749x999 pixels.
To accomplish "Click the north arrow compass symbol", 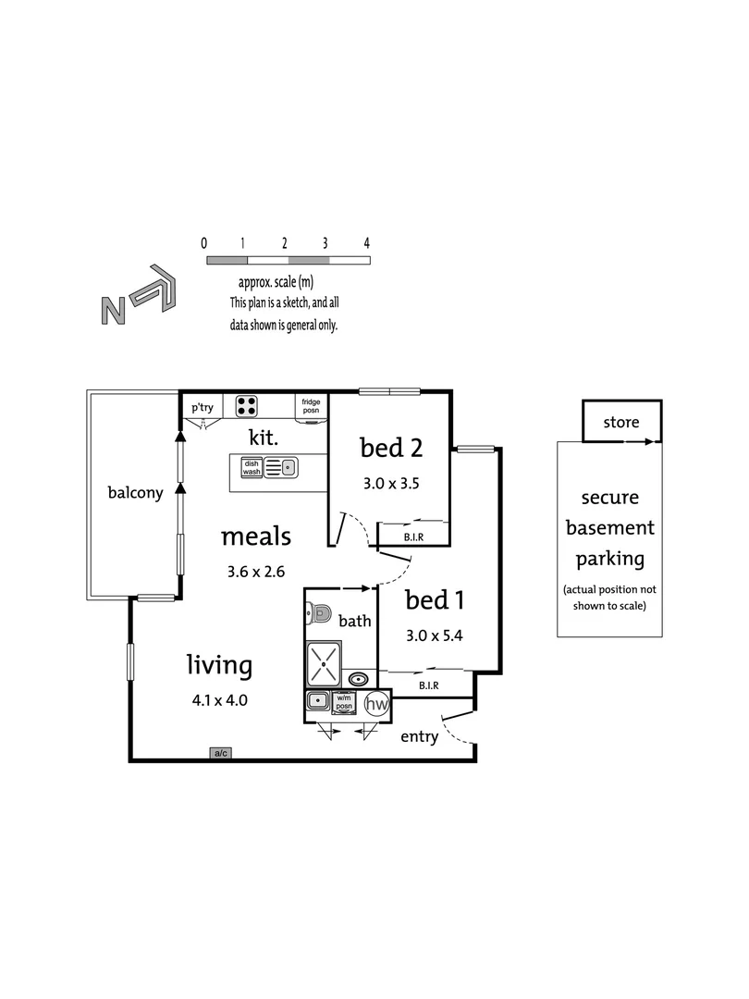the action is point(139,297).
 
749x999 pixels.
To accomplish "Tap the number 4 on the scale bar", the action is point(367,243).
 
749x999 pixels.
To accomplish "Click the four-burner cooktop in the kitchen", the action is point(247,404).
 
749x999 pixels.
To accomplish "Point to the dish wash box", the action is point(252,467).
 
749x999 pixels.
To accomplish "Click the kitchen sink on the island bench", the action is point(280,467).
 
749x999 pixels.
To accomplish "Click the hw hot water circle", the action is point(376,705).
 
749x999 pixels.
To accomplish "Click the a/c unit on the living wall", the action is point(221,754).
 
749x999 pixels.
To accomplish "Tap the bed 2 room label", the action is point(391,449).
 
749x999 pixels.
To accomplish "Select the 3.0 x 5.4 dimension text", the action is point(434,635).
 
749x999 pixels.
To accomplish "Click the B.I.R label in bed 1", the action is point(428,685).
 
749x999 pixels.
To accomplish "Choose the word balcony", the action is point(135,493).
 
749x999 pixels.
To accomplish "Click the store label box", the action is point(621,423).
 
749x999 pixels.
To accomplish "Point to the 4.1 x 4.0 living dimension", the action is point(219,700).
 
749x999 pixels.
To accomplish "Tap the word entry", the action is point(418,737).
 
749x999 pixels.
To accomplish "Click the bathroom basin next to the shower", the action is point(357,678).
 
